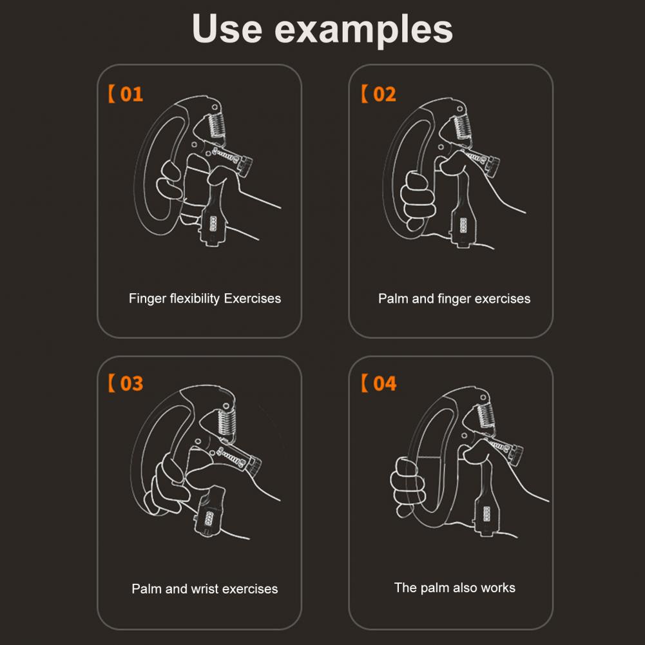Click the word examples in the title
tap(363, 31)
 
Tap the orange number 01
tap(131, 94)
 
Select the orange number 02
tap(385, 94)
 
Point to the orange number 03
tap(131, 383)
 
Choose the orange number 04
tap(385, 383)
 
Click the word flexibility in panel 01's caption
tap(195, 298)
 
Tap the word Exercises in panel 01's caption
tap(252, 298)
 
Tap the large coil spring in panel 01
tap(217, 125)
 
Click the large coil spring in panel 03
tap(227, 421)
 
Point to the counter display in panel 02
tap(463, 226)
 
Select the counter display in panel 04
tap(487, 514)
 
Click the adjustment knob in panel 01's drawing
tap(245, 166)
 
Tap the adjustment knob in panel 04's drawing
tap(517, 456)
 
